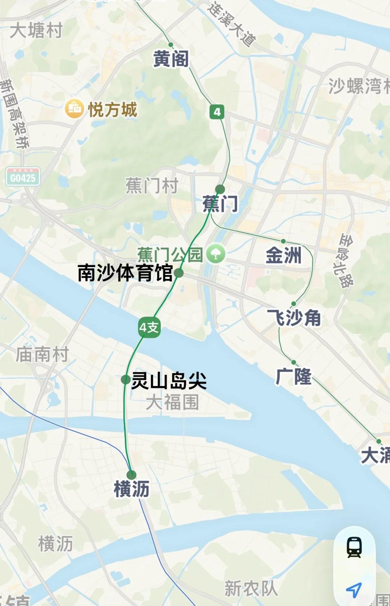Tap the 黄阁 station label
(171, 59)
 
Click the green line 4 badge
(217, 112)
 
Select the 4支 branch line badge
(149, 327)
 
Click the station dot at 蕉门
(220, 189)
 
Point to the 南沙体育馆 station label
(125, 273)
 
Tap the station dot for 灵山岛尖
(126, 380)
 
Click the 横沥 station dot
(131, 475)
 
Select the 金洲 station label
(283, 255)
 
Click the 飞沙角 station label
(294, 318)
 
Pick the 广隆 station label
(293, 376)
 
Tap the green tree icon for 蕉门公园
(216, 254)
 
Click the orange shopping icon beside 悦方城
(74, 109)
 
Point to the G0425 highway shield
(23, 177)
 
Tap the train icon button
(354, 547)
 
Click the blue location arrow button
(354, 589)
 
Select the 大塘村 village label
(36, 30)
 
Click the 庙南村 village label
(42, 354)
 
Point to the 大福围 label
(172, 402)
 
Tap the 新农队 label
(251, 588)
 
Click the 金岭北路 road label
(346, 260)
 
